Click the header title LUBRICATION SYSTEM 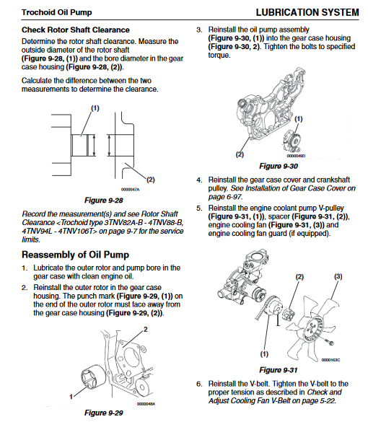pyautogui.click(x=307, y=12)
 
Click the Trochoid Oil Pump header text pyautogui.click(x=57, y=12)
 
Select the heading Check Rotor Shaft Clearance pyautogui.click(x=76, y=30)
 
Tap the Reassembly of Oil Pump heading pyautogui.click(x=75, y=255)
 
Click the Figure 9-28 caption pyautogui.click(x=104, y=200)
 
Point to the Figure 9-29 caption pyautogui.click(x=104, y=413)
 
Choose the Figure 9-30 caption pyautogui.click(x=279, y=166)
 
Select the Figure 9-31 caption pyautogui.click(x=279, y=370)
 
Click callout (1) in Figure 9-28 pyautogui.click(x=95, y=108)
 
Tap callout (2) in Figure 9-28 pyautogui.click(x=151, y=180)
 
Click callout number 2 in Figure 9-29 pyautogui.click(x=146, y=329)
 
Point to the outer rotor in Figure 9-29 pyautogui.click(x=92, y=377)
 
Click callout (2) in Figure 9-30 pyautogui.click(x=240, y=154)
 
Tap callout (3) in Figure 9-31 pyautogui.click(x=338, y=277)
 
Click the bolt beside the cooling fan pyautogui.click(x=330, y=342)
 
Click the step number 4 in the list pyautogui.click(x=199, y=180)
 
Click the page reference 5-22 pyautogui.click(x=328, y=401)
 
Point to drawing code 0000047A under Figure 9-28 pyautogui.click(x=130, y=190)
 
